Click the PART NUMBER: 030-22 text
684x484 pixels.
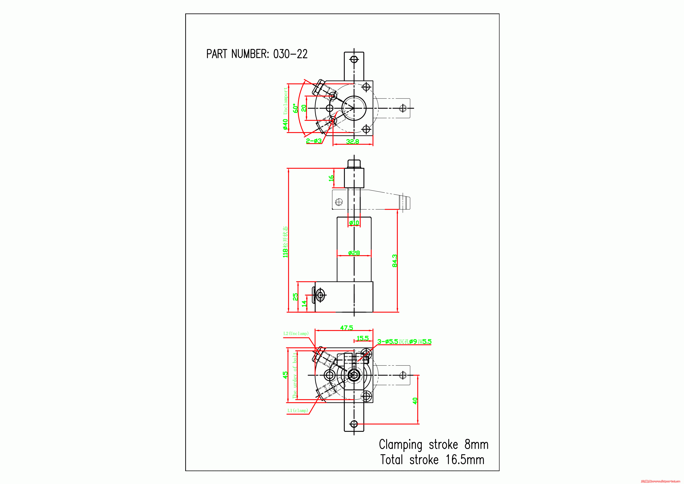257,54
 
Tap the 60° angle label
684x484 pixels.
296,108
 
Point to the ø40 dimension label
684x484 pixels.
285,124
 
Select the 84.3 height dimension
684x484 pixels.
395,261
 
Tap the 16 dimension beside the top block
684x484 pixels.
331,178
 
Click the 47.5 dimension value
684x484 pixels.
346,328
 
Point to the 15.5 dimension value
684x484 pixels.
362,338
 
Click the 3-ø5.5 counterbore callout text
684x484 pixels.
404,341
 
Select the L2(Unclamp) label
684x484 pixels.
296,333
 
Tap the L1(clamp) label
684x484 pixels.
298,410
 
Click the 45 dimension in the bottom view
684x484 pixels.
285,375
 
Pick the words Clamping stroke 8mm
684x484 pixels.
433,444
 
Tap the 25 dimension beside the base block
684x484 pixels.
295,297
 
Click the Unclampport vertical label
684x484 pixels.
285,101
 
